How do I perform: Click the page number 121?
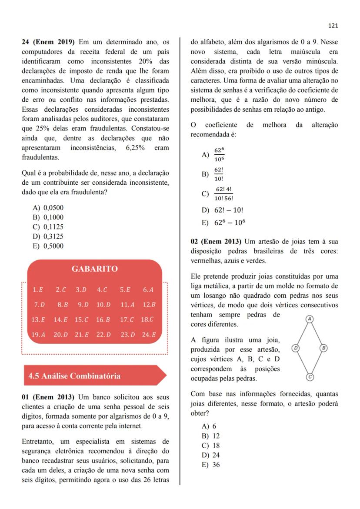click(333, 26)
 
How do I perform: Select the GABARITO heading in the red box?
click(94, 269)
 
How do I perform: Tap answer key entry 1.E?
click(38, 289)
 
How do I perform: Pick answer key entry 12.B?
click(149, 305)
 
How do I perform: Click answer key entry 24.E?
click(149, 335)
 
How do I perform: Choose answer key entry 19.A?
click(39, 335)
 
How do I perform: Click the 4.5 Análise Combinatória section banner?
click(74, 376)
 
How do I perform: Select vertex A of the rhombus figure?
click(310, 319)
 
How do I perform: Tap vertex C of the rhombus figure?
click(310, 377)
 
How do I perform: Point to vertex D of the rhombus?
click(296, 348)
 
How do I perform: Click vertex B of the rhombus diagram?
click(323, 348)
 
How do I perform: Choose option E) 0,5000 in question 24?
click(49, 246)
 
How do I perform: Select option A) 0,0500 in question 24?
click(49, 208)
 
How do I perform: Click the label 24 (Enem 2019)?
click(49, 42)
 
